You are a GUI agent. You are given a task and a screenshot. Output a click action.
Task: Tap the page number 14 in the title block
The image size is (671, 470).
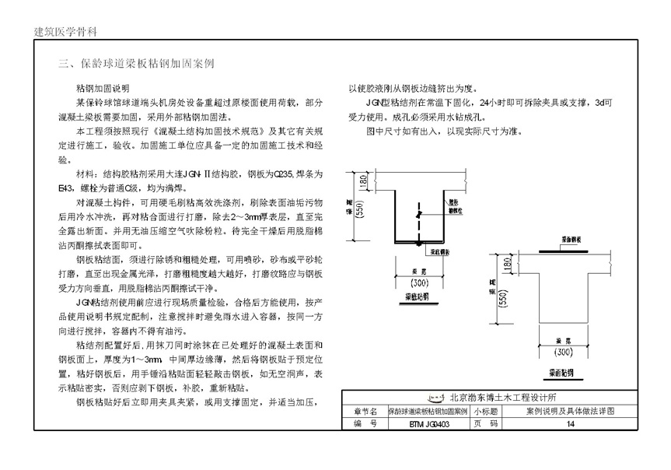(571, 424)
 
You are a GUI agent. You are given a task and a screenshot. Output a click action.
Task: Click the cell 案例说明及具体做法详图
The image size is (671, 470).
(571, 410)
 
